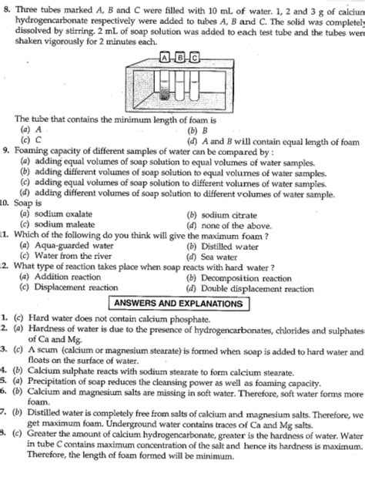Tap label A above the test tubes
[x=165, y=56]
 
